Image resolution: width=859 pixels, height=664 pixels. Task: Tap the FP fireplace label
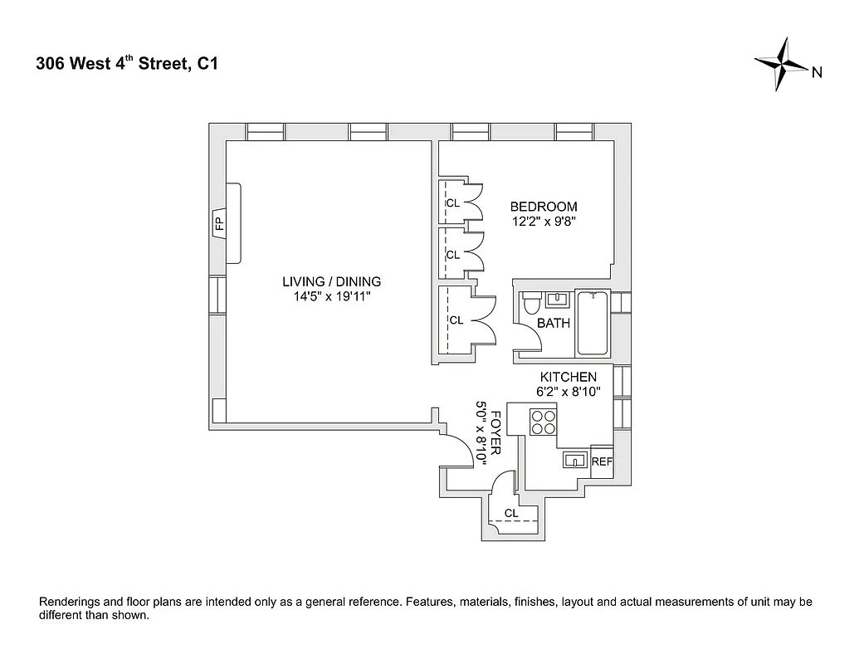click(220, 222)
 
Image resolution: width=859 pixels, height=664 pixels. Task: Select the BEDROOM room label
click(543, 207)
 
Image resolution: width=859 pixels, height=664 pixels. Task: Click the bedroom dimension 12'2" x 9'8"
click(543, 221)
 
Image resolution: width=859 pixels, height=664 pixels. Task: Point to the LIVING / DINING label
click(331, 281)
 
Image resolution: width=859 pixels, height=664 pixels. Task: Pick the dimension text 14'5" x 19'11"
click(331, 296)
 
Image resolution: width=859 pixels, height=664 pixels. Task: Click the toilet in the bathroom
click(530, 305)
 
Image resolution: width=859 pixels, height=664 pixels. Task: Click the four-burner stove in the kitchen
click(544, 422)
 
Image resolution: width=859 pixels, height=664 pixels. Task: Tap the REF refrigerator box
click(602, 462)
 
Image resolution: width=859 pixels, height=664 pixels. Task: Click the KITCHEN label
click(568, 377)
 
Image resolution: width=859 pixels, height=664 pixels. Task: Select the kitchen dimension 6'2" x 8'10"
click(569, 391)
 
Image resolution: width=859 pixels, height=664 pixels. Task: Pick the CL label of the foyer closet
click(511, 514)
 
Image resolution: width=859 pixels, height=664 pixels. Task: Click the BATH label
click(554, 323)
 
